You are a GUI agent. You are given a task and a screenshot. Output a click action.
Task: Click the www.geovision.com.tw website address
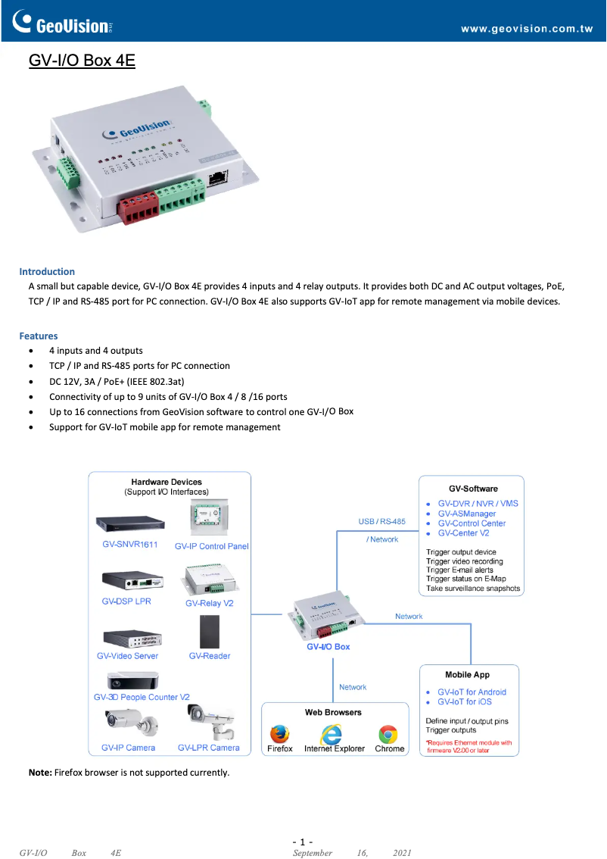526,30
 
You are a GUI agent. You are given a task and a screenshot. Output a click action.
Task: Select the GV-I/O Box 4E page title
82,61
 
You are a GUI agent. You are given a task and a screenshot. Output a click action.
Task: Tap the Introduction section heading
47,271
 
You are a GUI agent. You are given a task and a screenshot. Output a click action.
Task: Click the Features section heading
39,336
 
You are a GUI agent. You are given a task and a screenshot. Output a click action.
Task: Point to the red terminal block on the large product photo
139,207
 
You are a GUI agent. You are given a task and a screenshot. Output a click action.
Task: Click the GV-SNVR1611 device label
130,545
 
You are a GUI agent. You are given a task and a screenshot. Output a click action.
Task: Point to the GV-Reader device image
210,631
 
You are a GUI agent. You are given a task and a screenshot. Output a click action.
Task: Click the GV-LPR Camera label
209,748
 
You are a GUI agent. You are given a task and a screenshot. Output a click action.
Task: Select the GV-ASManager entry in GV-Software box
467,514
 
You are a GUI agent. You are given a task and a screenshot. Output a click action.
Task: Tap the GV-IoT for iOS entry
464,701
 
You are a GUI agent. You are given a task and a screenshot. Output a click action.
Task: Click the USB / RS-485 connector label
381,522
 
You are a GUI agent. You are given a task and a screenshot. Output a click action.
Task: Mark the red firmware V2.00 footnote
468,747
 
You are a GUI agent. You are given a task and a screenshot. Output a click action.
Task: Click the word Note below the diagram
39,773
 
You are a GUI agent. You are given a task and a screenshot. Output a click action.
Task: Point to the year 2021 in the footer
403,853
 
